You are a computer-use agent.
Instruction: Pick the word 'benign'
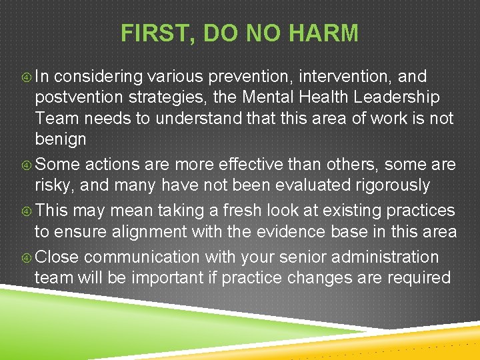(61, 140)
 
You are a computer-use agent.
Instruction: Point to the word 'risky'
(55, 185)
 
